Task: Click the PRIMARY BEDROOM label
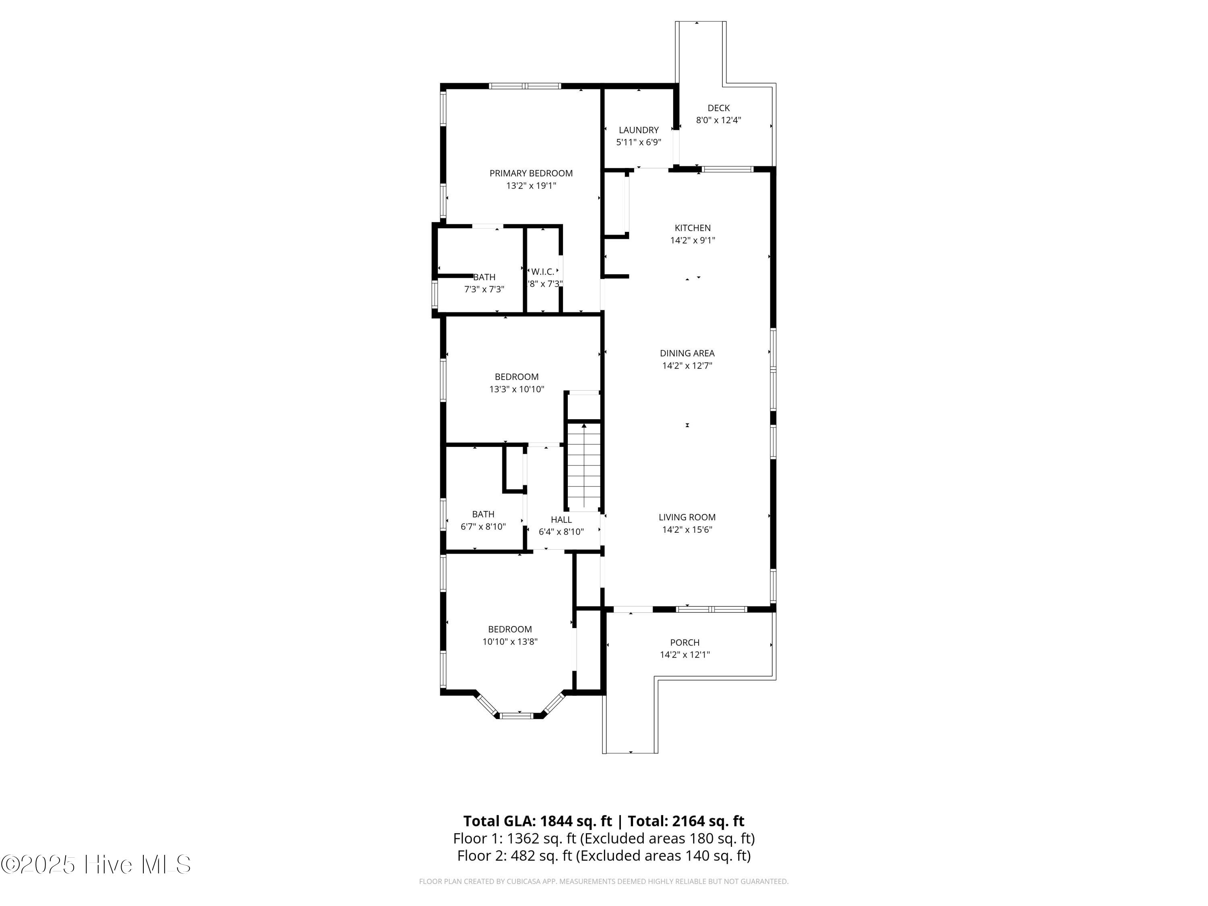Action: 531,173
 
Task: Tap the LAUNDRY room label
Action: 638,130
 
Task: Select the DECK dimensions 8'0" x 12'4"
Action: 718,120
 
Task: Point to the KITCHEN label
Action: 693,228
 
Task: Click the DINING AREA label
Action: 687,353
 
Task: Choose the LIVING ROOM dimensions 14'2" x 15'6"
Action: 687,529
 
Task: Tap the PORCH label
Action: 685,642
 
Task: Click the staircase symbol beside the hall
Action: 584,466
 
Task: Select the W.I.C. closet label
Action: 543,271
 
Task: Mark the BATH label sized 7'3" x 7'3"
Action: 484,277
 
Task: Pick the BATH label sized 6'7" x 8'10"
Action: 483,514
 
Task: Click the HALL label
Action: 561,519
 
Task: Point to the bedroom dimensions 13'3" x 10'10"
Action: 517,389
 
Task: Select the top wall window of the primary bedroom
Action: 525,86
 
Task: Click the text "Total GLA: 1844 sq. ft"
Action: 538,821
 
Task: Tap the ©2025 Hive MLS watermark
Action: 96,865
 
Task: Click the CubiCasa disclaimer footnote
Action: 604,881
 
